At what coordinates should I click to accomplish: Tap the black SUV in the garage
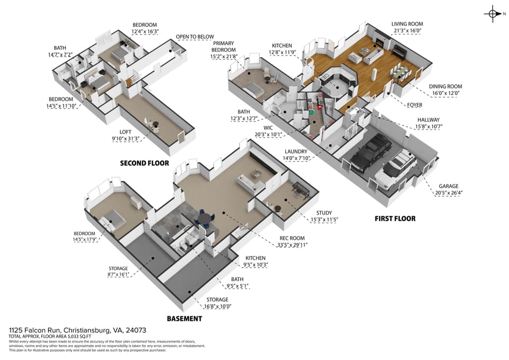point(372,153)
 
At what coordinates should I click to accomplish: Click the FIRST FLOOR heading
point(395,219)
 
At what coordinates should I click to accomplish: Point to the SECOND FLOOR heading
point(144,163)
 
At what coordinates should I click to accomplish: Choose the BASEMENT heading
point(185,319)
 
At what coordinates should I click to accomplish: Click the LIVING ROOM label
point(407,24)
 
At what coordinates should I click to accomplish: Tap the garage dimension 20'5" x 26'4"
point(449,193)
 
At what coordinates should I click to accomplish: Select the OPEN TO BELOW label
point(195,37)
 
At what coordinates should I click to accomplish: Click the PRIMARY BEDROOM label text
point(223,47)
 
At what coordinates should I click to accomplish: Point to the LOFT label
point(125,132)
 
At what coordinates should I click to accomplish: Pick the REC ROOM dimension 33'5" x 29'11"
point(292,245)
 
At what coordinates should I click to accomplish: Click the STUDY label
point(324,213)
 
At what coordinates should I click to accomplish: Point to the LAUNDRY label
point(296,152)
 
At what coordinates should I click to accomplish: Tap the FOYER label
point(415,105)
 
